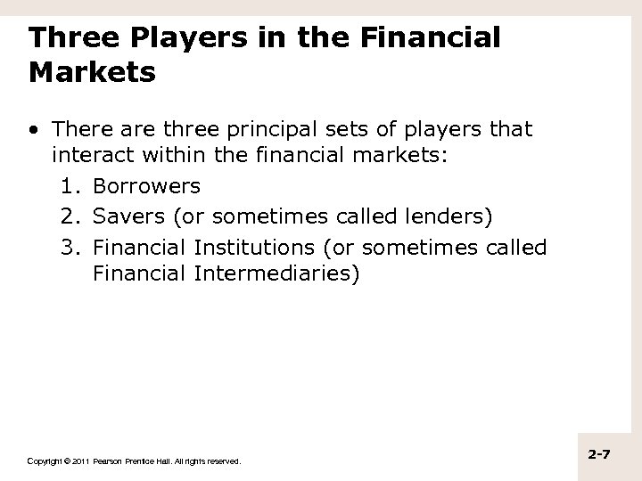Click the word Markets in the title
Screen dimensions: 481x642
(x=92, y=71)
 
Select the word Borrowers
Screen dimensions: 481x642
(x=146, y=187)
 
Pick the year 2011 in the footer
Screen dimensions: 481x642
(x=76, y=461)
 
